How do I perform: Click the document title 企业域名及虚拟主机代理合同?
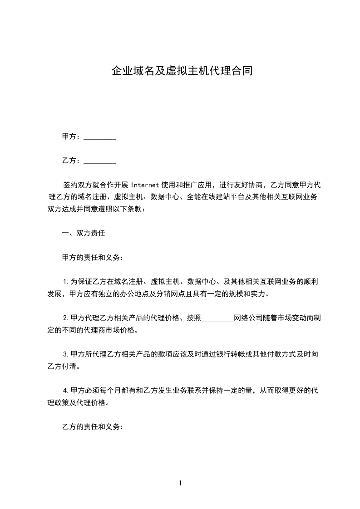pyautogui.click(x=182, y=71)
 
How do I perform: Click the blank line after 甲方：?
pyautogui.click(x=100, y=137)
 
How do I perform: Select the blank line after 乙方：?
pyautogui.click(x=100, y=161)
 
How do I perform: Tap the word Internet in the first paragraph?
pyautogui.click(x=145, y=185)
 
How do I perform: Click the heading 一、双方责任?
pyautogui.click(x=84, y=234)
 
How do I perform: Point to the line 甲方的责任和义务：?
pyautogui.click(x=93, y=258)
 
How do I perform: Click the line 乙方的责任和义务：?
pyautogui.click(x=93, y=427)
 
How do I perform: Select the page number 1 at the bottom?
pyautogui.click(x=180, y=483)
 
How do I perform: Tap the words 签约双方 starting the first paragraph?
pyautogui.click(x=78, y=185)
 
